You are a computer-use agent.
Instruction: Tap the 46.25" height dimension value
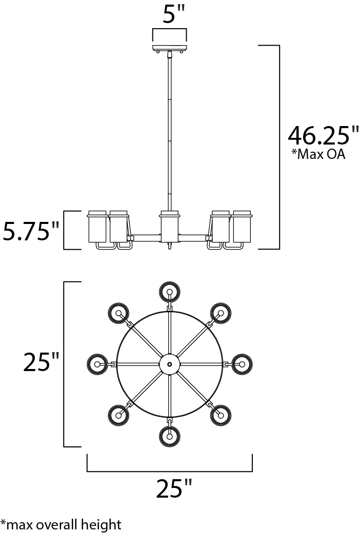click(x=323, y=135)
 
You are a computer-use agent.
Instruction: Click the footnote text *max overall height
click(x=61, y=524)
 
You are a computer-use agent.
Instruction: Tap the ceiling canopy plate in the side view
click(x=169, y=47)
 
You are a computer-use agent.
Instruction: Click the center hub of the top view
click(x=169, y=364)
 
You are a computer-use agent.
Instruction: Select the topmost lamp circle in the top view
click(x=169, y=291)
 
